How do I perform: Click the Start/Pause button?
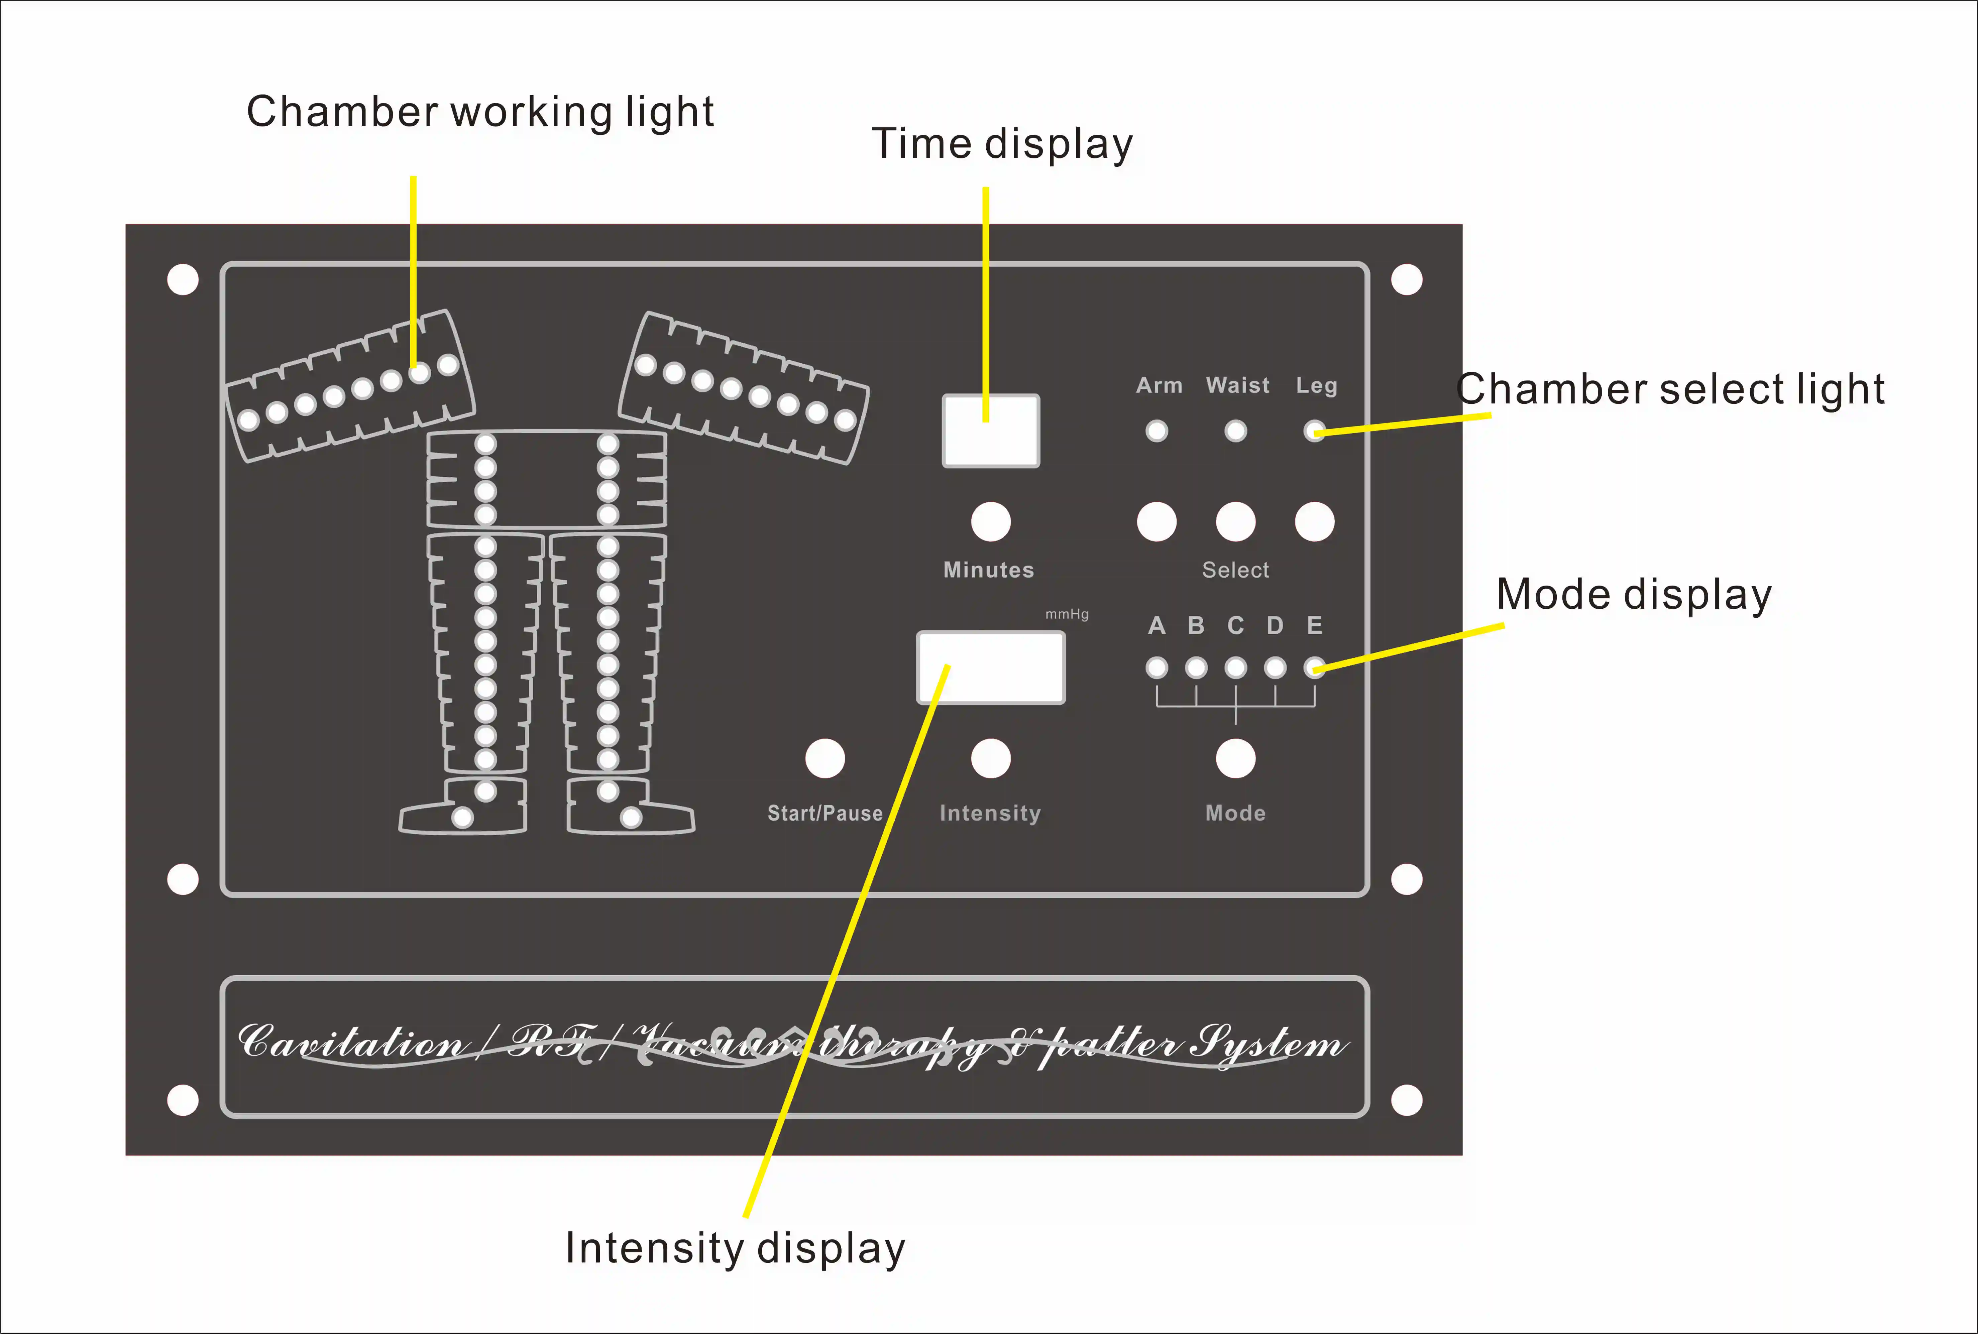coord(825,758)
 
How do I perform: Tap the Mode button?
coord(1235,758)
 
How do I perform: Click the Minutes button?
coord(990,521)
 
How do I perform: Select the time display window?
coord(990,431)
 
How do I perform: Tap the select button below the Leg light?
coord(1314,521)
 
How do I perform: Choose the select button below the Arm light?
coord(1156,521)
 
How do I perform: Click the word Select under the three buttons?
coord(1235,570)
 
